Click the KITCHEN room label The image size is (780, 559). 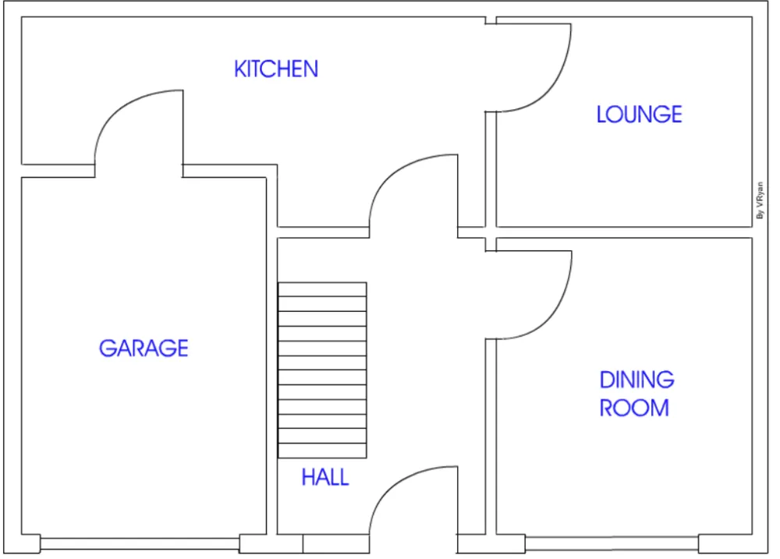(276, 69)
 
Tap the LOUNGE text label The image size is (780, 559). (640, 115)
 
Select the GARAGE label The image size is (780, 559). (144, 348)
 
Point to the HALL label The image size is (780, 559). (325, 477)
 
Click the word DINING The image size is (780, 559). (636, 380)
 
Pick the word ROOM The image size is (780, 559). (634, 408)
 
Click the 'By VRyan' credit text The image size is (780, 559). (760, 200)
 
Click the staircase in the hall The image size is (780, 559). (322, 370)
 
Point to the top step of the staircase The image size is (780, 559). (322, 289)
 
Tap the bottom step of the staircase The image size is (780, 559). (322, 451)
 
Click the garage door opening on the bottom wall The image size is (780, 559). (140, 543)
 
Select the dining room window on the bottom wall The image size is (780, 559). (612, 543)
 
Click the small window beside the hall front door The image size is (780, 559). (336, 543)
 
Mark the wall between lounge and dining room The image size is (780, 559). (624, 232)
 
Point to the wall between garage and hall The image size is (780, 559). (271, 356)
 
